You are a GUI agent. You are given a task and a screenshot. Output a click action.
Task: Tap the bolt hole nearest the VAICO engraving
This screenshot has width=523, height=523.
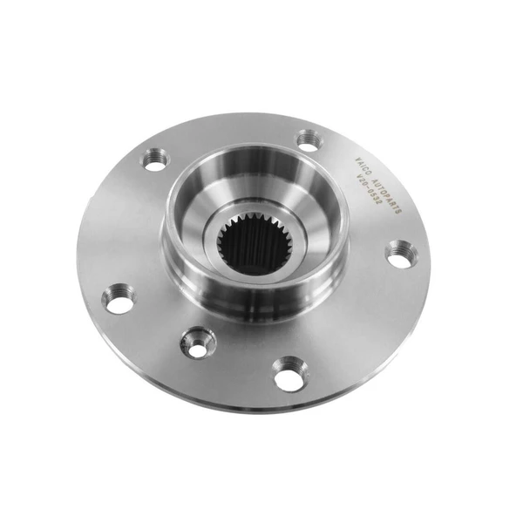point(309,139)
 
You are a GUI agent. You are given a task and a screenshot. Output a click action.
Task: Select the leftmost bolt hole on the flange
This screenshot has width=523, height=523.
point(118,300)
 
